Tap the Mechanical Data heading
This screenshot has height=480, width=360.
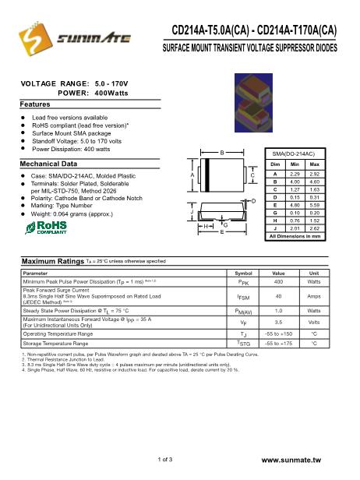(x=48, y=164)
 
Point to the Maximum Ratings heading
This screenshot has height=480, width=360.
(x=52, y=261)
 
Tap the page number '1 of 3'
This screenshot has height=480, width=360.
(x=164, y=460)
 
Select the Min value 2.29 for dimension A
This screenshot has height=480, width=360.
(x=295, y=174)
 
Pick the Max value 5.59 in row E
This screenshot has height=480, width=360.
(x=315, y=205)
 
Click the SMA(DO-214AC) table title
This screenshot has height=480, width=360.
(x=295, y=154)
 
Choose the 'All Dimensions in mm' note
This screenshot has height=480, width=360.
(x=295, y=235)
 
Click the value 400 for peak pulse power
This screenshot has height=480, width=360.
(x=278, y=281)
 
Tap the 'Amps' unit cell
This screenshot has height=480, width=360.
(x=315, y=296)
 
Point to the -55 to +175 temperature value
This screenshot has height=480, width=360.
(x=278, y=343)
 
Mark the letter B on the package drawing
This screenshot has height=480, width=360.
(x=223, y=152)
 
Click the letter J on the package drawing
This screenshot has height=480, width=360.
(x=192, y=211)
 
